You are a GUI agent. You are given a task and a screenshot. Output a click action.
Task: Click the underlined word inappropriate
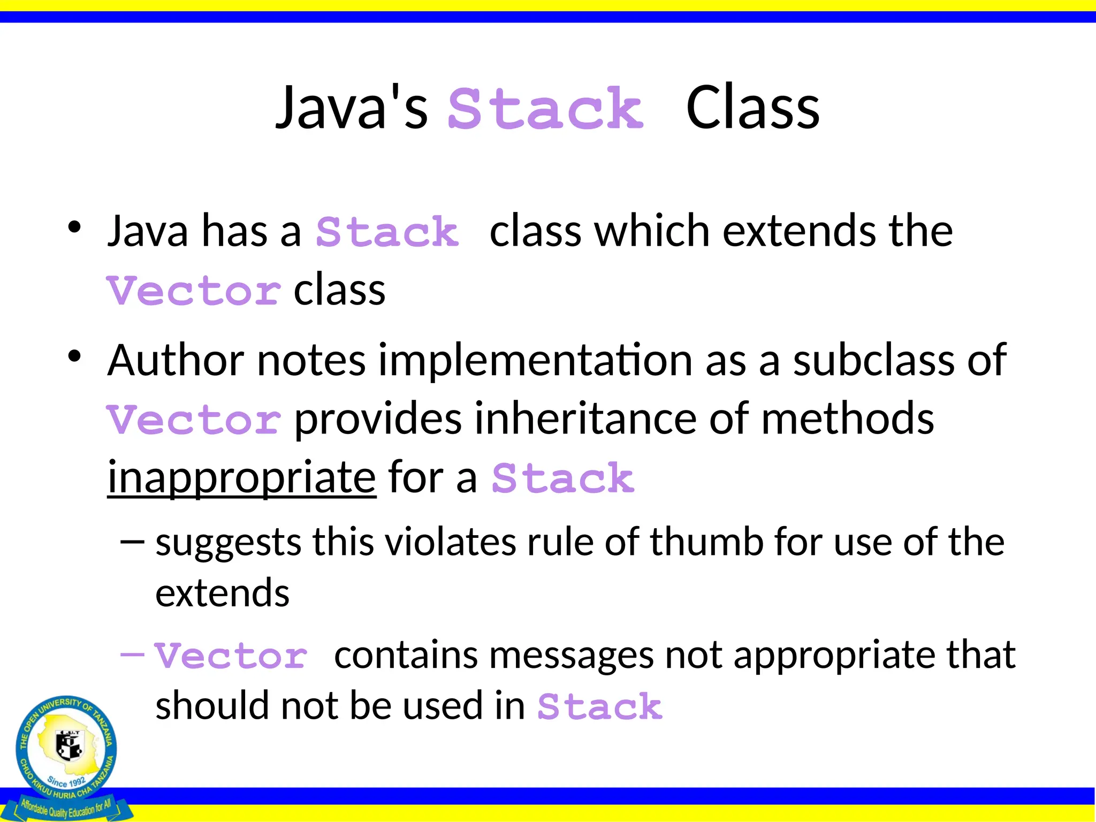[x=242, y=477]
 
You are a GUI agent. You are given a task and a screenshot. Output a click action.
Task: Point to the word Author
[x=176, y=360]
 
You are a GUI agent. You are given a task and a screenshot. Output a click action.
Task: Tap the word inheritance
[x=585, y=418]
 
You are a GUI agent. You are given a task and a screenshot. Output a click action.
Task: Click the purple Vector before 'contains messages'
[x=231, y=656]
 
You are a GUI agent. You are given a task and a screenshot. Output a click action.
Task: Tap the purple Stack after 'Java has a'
[x=387, y=232]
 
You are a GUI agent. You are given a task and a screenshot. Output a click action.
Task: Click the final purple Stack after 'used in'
[x=600, y=706]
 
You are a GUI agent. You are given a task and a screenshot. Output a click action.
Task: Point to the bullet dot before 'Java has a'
[x=74, y=227]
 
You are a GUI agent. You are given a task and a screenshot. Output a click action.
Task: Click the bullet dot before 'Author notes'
[x=74, y=356]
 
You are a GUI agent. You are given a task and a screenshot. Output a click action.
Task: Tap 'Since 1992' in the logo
[x=66, y=782]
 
